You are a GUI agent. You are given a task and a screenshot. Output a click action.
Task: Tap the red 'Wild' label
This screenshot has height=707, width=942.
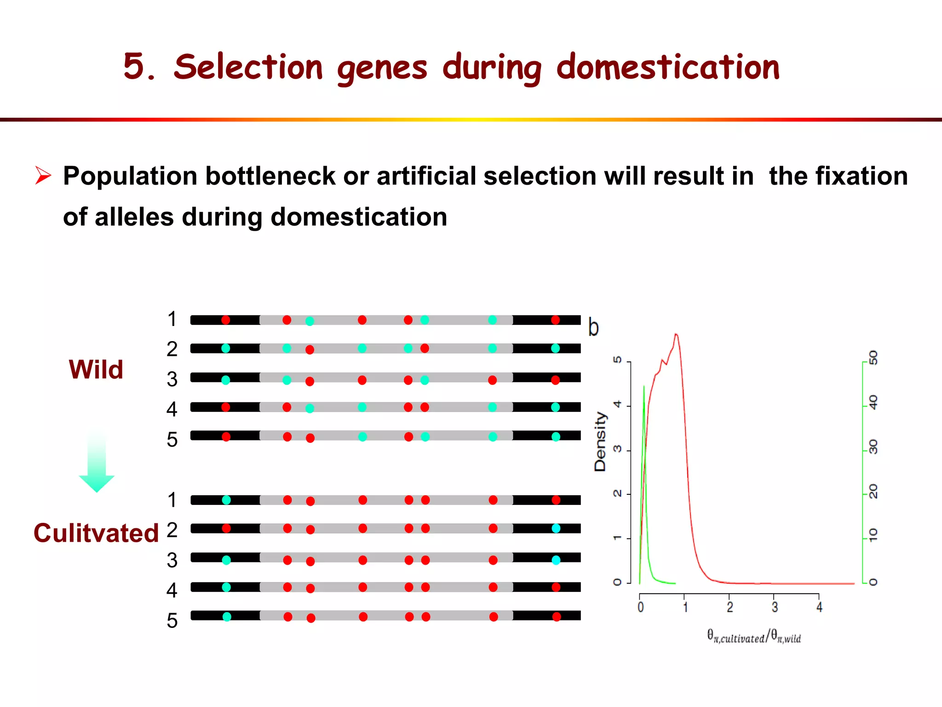coord(96,369)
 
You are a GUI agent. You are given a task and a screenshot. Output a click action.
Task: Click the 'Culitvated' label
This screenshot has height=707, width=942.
coord(96,533)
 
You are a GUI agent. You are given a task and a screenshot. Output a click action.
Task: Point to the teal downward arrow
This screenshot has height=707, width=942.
coord(97,463)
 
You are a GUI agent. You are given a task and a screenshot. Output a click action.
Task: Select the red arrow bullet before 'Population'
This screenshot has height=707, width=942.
coord(43,176)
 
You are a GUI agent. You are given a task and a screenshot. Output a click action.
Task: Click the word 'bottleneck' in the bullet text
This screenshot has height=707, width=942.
coord(270,176)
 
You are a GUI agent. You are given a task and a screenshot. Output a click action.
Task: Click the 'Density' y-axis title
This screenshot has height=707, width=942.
coord(600,441)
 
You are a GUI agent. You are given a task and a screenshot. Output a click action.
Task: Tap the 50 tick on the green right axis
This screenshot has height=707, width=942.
coord(873,358)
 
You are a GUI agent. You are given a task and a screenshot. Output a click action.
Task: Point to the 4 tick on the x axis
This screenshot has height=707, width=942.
coord(819,607)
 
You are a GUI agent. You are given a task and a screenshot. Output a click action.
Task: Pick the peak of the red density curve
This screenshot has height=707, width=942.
coord(676,335)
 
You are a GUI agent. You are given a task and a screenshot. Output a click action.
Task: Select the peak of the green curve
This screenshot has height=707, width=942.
coord(643,387)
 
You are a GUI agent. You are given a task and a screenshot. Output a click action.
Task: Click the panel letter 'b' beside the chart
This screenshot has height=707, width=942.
coord(593,328)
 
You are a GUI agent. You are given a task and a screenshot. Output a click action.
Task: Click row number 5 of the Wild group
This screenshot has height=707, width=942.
coord(172,440)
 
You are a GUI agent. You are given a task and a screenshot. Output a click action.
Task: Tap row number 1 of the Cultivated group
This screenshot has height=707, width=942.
coord(172,500)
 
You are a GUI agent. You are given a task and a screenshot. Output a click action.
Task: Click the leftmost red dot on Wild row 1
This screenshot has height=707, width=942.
coord(225,320)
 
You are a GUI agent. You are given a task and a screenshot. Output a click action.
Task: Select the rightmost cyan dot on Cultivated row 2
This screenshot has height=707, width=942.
coord(556,528)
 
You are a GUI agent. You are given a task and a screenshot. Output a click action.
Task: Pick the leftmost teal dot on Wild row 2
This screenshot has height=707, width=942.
coord(225,348)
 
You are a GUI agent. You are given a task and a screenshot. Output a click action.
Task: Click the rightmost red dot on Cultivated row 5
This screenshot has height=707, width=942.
coord(557,617)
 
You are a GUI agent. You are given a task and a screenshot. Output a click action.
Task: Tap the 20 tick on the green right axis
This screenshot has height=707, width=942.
coord(873,492)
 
